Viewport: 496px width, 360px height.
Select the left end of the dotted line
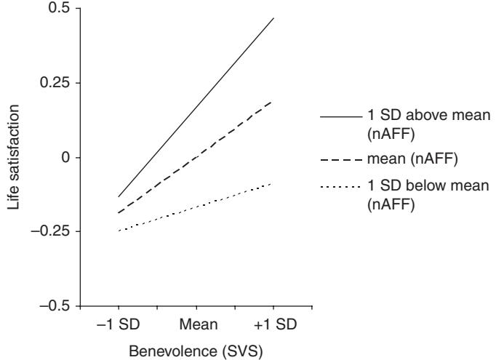pyautogui.click(x=119, y=231)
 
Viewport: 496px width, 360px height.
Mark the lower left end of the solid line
pyautogui.click(x=119, y=196)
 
